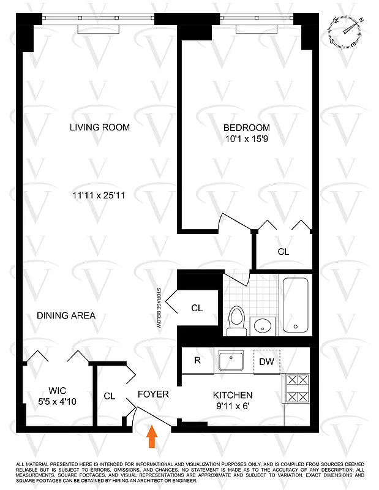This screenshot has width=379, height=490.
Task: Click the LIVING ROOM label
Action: (x=100, y=127)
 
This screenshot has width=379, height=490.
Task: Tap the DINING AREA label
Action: (x=66, y=315)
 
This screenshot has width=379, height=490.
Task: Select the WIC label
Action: (x=58, y=390)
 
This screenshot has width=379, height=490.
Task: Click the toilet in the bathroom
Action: (x=236, y=320)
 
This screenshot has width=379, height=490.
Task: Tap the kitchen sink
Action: (x=232, y=361)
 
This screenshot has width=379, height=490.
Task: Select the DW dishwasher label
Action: (x=267, y=361)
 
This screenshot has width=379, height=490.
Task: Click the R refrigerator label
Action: (x=197, y=361)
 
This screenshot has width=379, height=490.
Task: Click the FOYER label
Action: (x=152, y=394)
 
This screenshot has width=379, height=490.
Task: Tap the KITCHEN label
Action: (x=233, y=395)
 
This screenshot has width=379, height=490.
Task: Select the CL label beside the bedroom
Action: (x=283, y=251)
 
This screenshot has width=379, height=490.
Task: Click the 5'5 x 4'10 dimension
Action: (x=58, y=402)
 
